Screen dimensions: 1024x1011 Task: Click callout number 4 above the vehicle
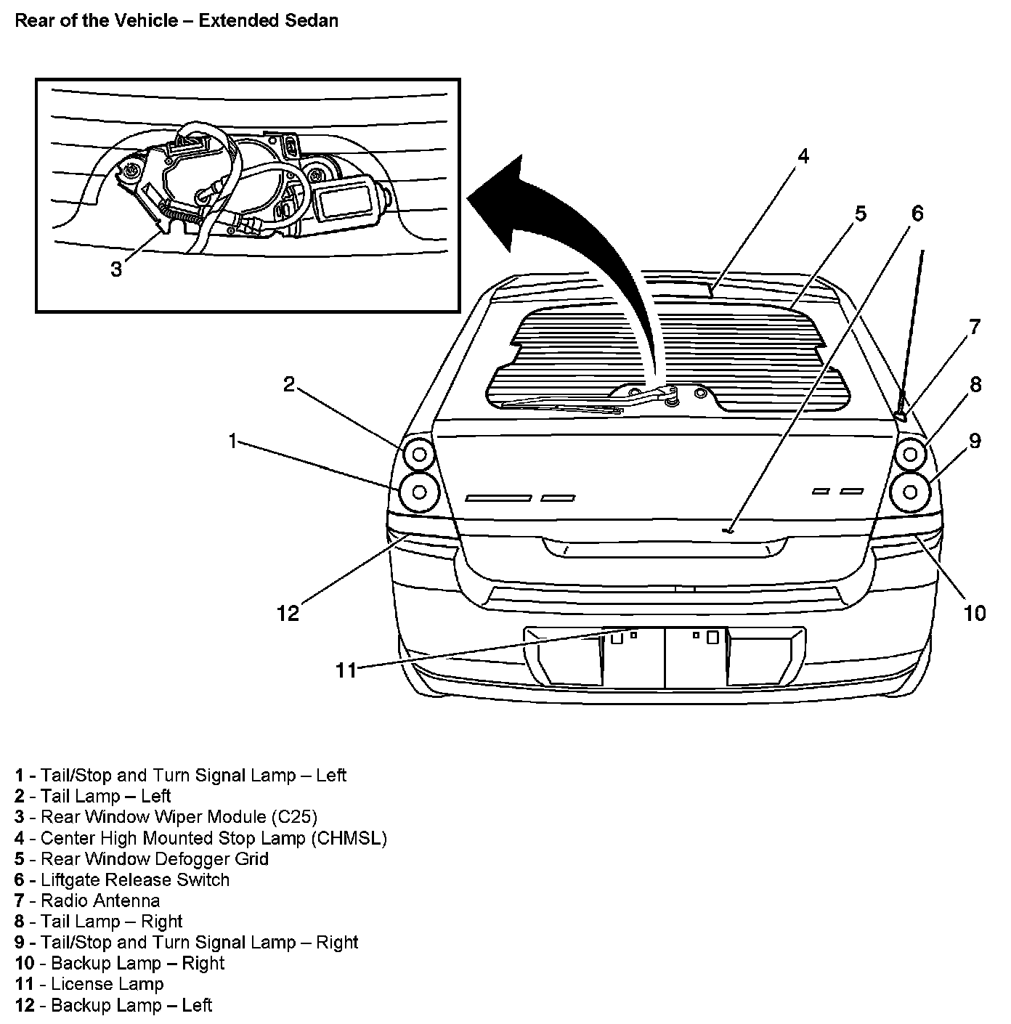pyautogui.click(x=802, y=157)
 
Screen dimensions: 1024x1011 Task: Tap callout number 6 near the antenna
pyautogui.click(x=917, y=214)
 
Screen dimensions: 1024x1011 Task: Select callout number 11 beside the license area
pyautogui.click(x=346, y=670)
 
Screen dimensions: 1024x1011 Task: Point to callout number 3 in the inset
pyautogui.click(x=116, y=270)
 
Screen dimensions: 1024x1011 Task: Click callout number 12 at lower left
pyautogui.click(x=288, y=614)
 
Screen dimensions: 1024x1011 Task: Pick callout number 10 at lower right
pyautogui.click(x=975, y=614)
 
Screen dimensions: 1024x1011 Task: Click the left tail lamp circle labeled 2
pyautogui.click(x=418, y=455)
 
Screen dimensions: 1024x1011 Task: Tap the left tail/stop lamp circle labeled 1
pyautogui.click(x=419, y=492)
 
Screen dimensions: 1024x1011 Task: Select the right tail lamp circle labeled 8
pyautogui.click(x=911, y=455)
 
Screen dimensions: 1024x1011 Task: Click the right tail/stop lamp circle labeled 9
pyautogui.click(x=911, y=492)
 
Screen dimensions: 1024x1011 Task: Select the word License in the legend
pyautogui.click(x=81, y=985)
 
